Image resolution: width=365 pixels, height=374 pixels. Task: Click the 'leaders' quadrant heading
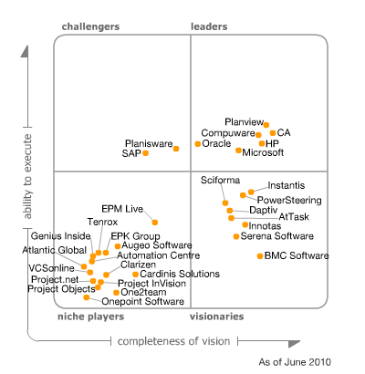tap(209, 27)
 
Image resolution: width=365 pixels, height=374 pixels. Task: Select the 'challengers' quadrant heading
tap(90, 27)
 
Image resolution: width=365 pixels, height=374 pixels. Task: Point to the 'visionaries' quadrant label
tap(216, 317)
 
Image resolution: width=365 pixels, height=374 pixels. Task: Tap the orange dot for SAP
tap(146, 153)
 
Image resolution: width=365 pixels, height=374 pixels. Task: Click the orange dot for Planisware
tap(176, 148)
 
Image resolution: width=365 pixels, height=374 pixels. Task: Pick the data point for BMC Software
tap(260, 256)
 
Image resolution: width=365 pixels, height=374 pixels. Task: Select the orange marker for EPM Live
tap(155, 222)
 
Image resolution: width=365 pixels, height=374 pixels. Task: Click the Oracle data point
tap(198, 144)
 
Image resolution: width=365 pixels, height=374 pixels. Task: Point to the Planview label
tap(244, 121)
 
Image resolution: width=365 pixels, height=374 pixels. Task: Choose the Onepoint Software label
tap(143, 301)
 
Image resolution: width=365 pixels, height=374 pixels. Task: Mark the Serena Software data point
tap(235, 236)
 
